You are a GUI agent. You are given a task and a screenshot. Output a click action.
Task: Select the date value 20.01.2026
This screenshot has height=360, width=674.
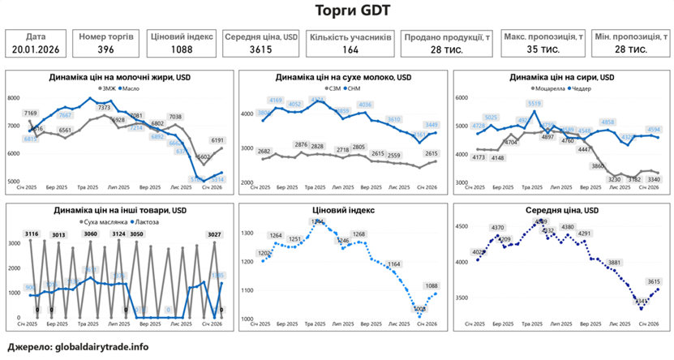(x=36, y=49)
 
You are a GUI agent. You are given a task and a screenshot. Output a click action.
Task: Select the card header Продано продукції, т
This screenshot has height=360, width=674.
(x=448, y=36)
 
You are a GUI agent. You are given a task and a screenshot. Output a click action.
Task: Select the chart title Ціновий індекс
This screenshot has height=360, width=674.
(x=336, y=211)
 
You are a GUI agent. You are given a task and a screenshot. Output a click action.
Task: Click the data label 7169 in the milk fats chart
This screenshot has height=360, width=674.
(x=31, y=114)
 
